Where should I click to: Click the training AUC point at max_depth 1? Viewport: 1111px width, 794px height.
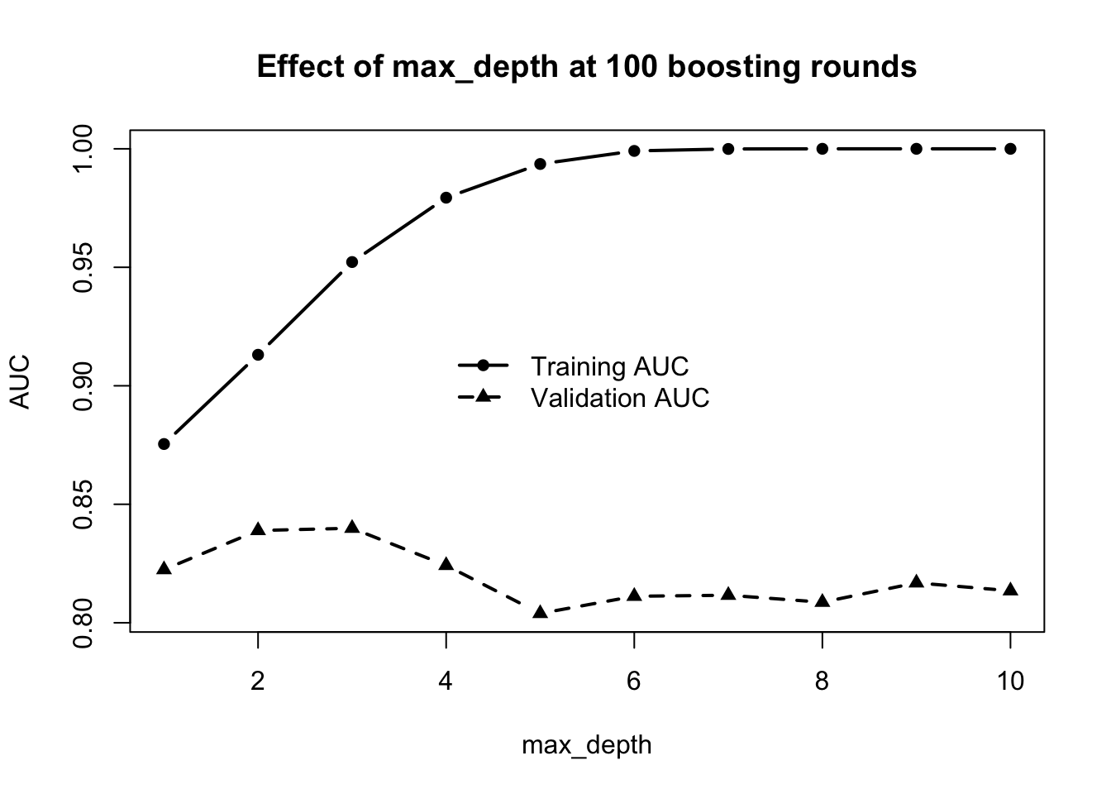164,444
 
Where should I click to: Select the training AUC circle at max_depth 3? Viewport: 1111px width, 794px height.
352,262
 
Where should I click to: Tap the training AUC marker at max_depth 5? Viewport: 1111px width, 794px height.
540,164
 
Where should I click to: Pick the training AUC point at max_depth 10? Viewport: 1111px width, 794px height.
1010,149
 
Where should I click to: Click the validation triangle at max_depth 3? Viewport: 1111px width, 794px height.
352,528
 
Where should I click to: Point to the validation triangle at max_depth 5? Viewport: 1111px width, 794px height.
540,613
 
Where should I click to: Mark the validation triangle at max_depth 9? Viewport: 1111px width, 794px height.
916,582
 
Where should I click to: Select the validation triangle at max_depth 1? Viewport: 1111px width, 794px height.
164,569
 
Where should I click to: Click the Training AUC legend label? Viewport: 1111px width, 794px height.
609,366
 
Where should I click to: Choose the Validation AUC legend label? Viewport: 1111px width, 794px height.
620,398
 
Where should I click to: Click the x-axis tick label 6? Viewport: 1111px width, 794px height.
634,681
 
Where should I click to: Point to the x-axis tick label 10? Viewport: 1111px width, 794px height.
1010,681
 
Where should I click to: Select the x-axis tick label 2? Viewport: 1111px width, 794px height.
258,681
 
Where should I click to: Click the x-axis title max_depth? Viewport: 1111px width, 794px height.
587,745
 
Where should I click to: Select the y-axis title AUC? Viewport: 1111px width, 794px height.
20,381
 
